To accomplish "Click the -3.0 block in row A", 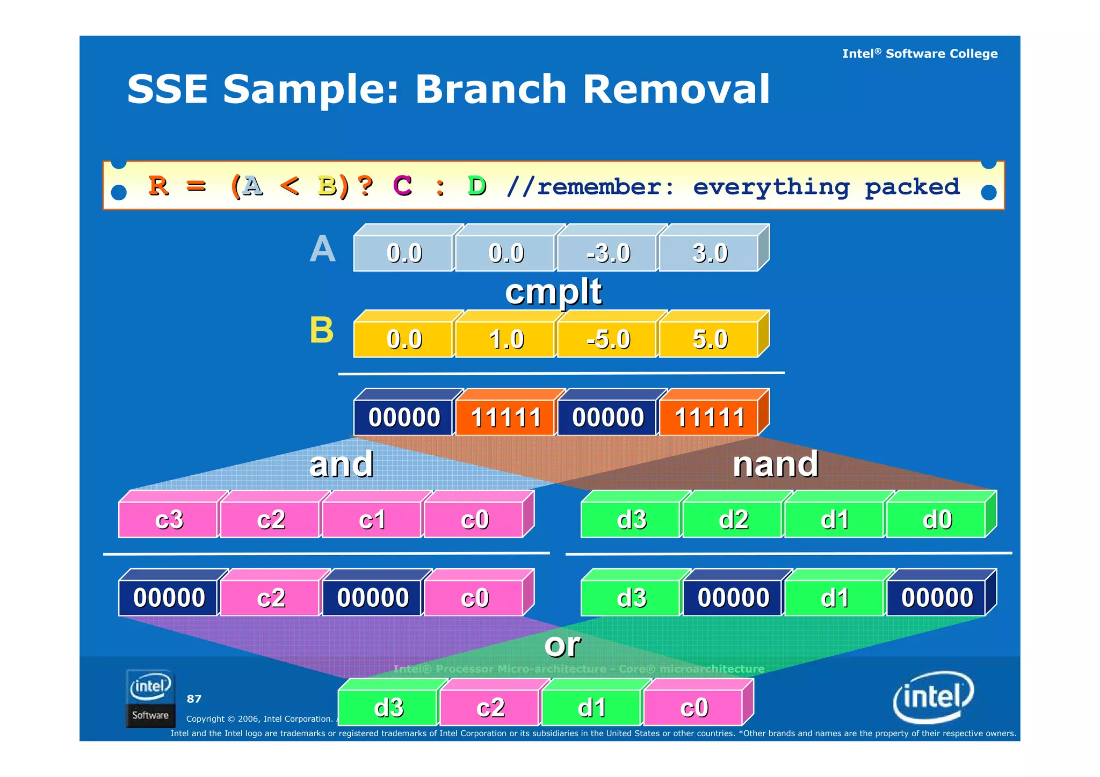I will [607, 253].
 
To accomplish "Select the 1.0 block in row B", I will [505, 339].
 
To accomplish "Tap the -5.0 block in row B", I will [607, 339].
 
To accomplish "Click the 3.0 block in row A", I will [710, 253].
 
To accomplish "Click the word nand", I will [775, 464].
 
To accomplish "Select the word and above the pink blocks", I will [341, 464].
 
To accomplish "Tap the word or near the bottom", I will [562, 644].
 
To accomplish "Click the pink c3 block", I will [169, 519].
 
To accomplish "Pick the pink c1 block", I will [372, 519].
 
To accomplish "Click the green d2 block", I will [733, 519].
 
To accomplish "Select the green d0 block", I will [937, 519].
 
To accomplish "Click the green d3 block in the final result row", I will [388, 707].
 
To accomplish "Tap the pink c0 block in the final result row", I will [693, 707].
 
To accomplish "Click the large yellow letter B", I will [321, 330].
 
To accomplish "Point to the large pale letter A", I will [322, 249].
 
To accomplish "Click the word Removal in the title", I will [676, 89].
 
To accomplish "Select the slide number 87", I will [194, 699].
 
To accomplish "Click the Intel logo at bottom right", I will [933, 697].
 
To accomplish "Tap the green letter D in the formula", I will [476, 186].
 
